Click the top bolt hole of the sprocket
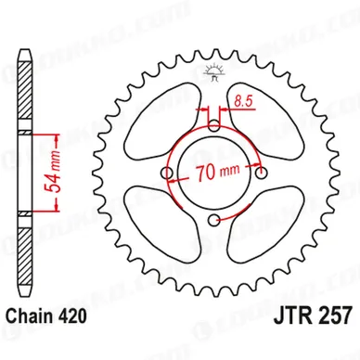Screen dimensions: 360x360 [x=214, y=124]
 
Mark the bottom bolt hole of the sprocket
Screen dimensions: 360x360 [x=214, y=220]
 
